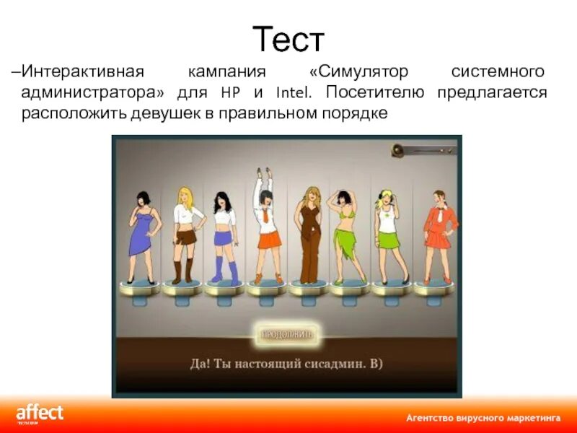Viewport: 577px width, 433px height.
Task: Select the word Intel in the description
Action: click(292, 93)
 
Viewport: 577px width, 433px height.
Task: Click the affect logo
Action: click(40, 414)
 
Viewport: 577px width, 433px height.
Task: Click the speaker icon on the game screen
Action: click(398, 150)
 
